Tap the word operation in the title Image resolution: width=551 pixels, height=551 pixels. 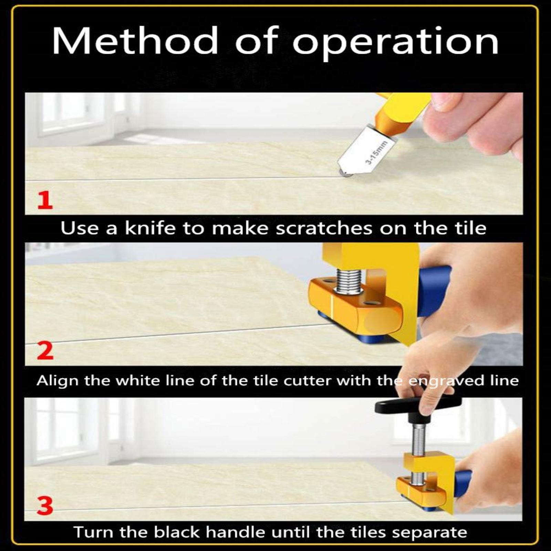tap(396, 43)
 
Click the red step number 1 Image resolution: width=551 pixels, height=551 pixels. tap(45, 201)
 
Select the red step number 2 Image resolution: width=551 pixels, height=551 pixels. tap(45, 351)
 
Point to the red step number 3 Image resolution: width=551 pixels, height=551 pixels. tap(45, 506)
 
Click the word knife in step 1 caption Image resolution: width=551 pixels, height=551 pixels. tap(150, 228)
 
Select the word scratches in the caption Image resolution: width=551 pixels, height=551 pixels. tap(324, 228)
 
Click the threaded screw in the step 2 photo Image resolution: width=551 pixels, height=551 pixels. tap(349, 282)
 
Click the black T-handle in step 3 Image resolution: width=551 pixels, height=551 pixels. tap(417, 406)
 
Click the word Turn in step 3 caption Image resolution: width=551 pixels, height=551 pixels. tap(95, 532)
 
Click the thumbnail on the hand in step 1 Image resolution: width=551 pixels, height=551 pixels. tap(444, 102)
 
